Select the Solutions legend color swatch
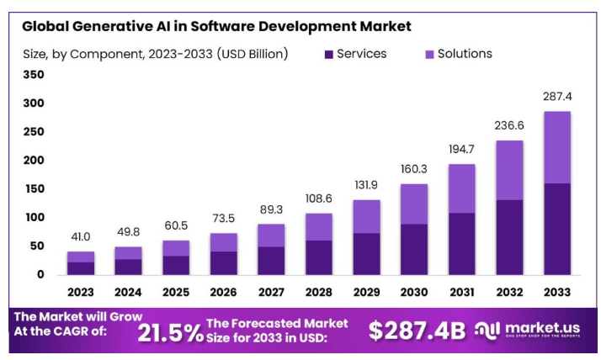428,55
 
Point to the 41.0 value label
81,237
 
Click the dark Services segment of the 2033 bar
556,229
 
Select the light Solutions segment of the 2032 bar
508,170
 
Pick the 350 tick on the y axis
33,75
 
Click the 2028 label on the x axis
319,292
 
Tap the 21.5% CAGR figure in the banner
171,331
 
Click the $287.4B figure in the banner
417,331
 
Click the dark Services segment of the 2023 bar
81,268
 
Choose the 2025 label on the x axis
176,292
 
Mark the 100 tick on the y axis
33,217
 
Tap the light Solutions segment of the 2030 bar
413,204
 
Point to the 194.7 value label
461,150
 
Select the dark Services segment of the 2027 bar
271,260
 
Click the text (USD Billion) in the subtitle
253,54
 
